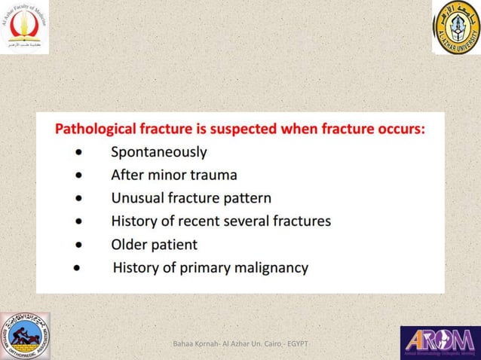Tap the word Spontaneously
pos(159,152)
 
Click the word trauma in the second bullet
pos(211,175)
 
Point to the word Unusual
pos(137,199)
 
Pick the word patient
pos(176,245)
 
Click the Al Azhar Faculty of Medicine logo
pos(26,27)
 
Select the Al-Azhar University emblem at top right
pos(455,28)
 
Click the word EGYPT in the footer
pos(297,344)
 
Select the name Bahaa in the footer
pos(185,344)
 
